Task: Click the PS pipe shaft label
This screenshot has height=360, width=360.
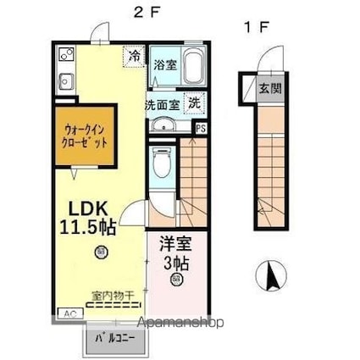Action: pos(201,128)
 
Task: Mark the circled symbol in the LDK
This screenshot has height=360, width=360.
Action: pos(102,250)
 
